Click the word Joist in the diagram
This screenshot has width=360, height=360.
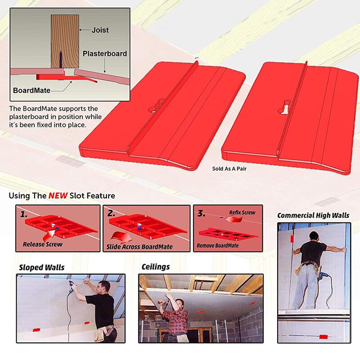click(x=100, y=31)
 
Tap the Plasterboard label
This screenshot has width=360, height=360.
click(x=104, y=54)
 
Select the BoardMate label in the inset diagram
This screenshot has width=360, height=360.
click(x=31, y=90)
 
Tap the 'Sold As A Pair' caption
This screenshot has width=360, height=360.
click(x=229, y=169)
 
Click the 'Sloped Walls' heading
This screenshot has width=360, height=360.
click(x=41, y=267)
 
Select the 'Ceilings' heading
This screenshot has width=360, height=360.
click(x=156, y=267)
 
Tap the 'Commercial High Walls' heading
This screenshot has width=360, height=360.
click(x=313, y=215)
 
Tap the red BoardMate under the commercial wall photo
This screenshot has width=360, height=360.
click(x=323, y=337)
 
